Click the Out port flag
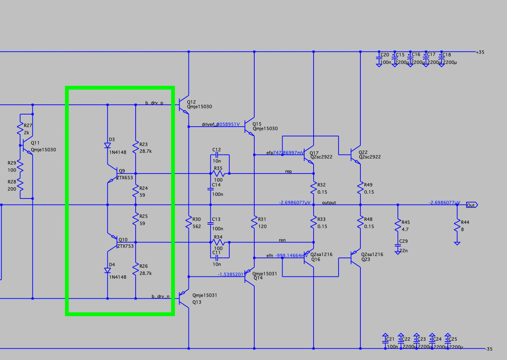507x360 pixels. click(x=471, y=205)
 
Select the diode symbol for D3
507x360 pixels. click(x=107, y=146)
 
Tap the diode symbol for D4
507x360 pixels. click(x=107, y=270)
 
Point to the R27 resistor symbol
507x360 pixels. click(x=20, y=129)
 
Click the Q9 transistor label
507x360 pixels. click(x=122, y=171)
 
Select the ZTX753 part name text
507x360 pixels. click(x=125, y=246)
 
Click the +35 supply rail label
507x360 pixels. click(x=480, y=52)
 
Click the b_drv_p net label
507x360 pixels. click(x=154, y=103)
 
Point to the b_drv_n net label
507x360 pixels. click(x=161, y=296)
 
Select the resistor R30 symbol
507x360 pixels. click(x=189, y=222)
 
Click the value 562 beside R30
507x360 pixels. click(x=197, y=227)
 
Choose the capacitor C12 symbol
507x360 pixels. click(x=216, y=155)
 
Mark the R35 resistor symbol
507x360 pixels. click(x=218, y=174)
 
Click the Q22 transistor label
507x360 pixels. click(x=363, y=152)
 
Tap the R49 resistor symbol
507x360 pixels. click(x=360, y=188)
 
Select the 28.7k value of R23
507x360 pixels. click(x=145, y=151)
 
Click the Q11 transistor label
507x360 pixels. click(x=35, y=143)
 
